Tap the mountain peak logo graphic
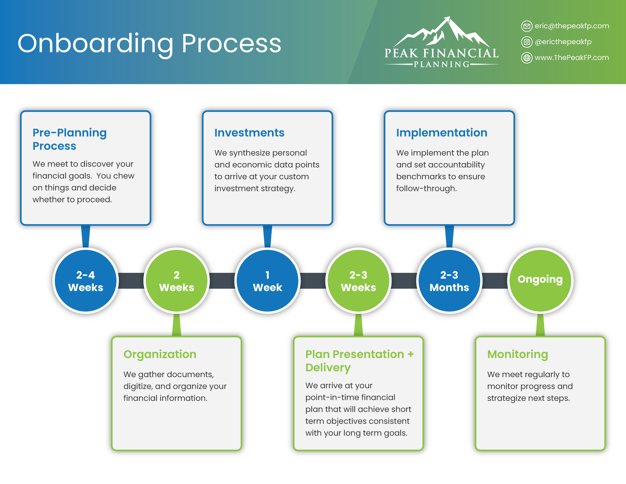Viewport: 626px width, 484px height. click(x=441, y=33)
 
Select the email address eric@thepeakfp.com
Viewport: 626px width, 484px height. click(x=572, y=26)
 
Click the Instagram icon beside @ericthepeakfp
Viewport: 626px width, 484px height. click(x=527, y=42)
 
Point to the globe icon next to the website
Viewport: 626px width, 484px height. click(x=527, y=58)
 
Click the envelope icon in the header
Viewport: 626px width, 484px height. click(x=527, y=26)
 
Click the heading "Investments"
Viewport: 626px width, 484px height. click(x=249, y=133)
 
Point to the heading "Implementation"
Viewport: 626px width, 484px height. click(x=441, y=133)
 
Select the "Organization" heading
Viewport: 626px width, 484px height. click(x=160, y=354)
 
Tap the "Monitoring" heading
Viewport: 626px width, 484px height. click(x=517, y=354)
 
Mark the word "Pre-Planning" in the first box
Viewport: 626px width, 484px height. click(x=69, y=133)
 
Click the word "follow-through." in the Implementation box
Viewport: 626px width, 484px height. click(x=426, y=188)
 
